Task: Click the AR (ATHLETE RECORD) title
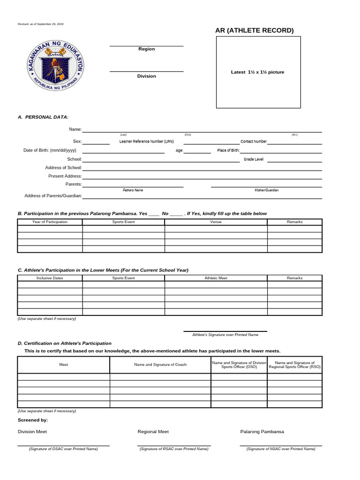tap(255, 30)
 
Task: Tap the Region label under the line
tap(146, 49)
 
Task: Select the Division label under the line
tap(146, 76)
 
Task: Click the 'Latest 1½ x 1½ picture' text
tap(257, 72)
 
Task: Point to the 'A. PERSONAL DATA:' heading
tap(43, 117)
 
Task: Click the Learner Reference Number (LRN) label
tap(147, 141)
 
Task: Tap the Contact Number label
tap(254, 141)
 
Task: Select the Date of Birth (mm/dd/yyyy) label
tap(50, 150)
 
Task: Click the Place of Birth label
tap(228, 150)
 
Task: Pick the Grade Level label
tap(254, 159)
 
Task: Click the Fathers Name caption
tap(133, 190)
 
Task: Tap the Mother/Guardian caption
tap(266, 190)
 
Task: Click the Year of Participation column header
tap(50, 222)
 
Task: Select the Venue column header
tap(216, 222)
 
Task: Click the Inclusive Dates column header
tap(50, 278)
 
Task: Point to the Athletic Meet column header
tap(216, 278)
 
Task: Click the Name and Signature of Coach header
tap(160, 364)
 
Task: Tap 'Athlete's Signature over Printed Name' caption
tap(225, 335)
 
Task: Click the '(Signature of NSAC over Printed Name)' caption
tap(281, 449)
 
